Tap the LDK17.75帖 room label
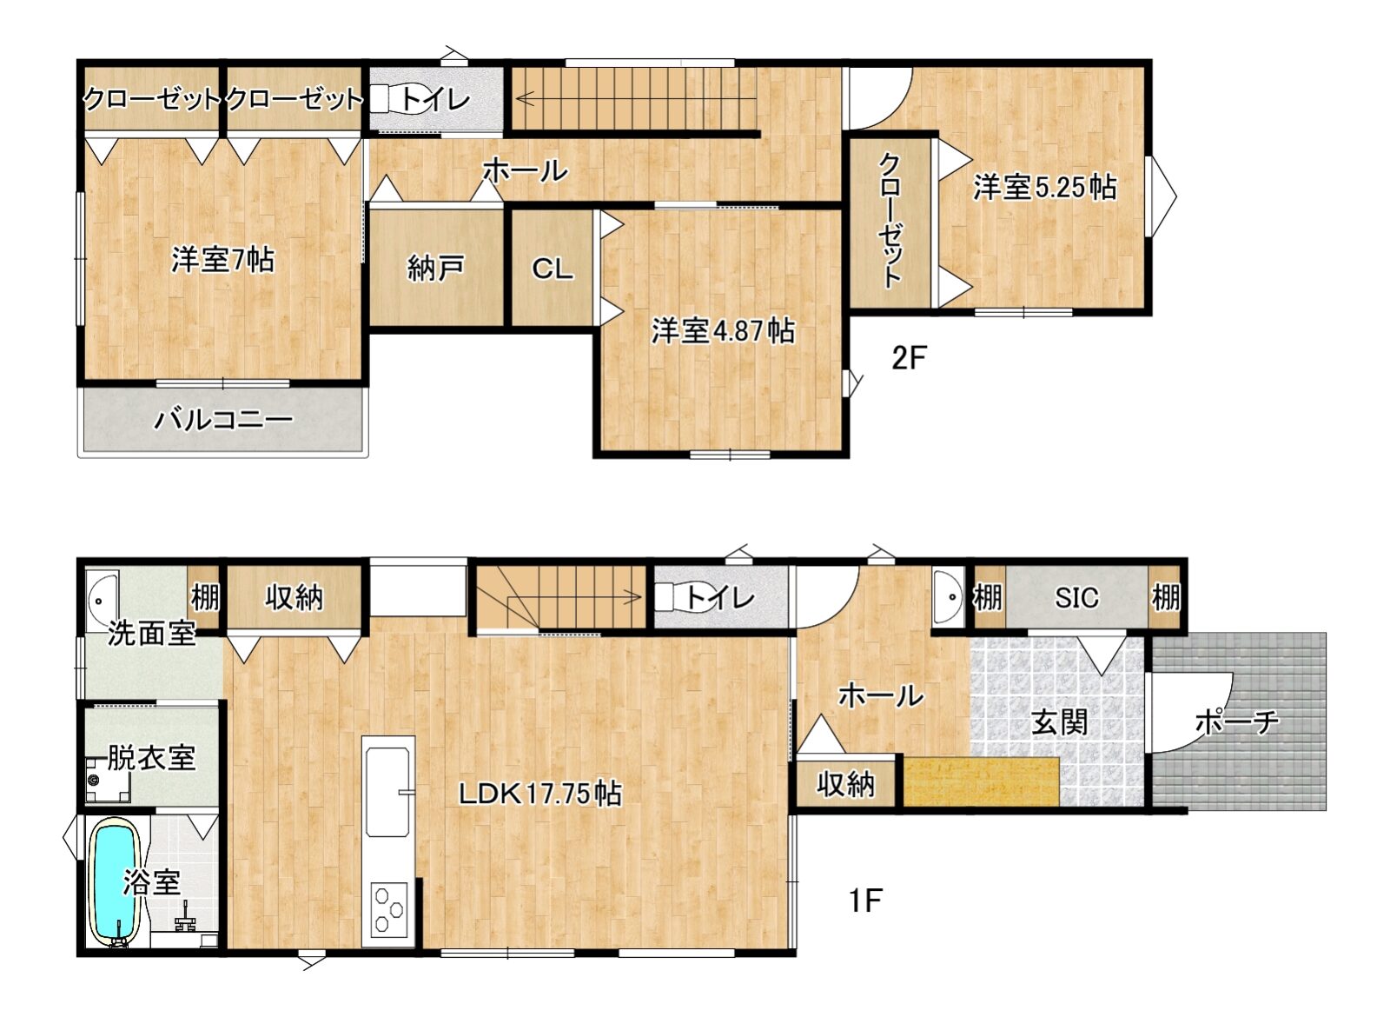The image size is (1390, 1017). pos(539,794)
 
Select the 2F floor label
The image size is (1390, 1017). pos(909,359)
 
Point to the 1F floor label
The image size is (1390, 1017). pos(865,901)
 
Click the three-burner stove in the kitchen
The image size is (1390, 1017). pos(389,909)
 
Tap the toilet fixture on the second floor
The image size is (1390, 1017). pos(396,99)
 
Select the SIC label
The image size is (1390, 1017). pos(1076,597)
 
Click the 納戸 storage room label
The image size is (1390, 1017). pos(435,269)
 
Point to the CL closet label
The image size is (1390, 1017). pos(553,269)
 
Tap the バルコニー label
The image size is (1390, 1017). pos(223,420)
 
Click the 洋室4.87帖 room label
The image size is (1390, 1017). pos(723,330)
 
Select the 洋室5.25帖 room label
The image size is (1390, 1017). pos(1045,187)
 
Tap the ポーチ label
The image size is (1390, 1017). pos(1237,722)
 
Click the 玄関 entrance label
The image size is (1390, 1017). pos(1059,722)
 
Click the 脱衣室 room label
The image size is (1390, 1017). pos(152,757)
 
